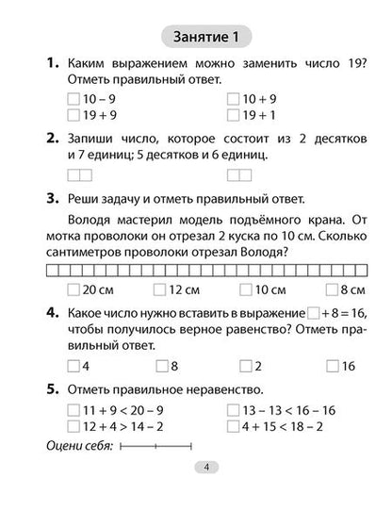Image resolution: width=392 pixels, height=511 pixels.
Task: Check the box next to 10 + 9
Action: tap(233, 98)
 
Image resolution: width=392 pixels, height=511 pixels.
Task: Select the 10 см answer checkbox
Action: tap(248, 289)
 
